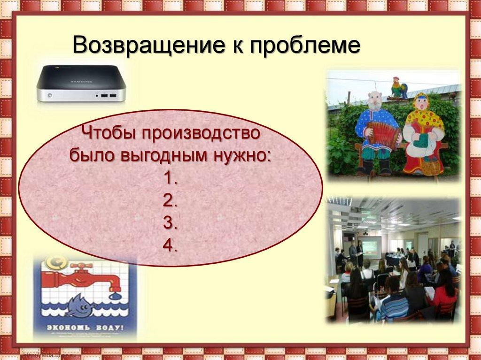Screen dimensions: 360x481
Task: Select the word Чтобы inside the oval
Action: (x=107, y=133)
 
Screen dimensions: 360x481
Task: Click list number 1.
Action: (x=171, y=178)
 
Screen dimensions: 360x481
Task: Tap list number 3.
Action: (x=171, y=223)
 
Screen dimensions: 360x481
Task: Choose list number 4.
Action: (x=171, y=245)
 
